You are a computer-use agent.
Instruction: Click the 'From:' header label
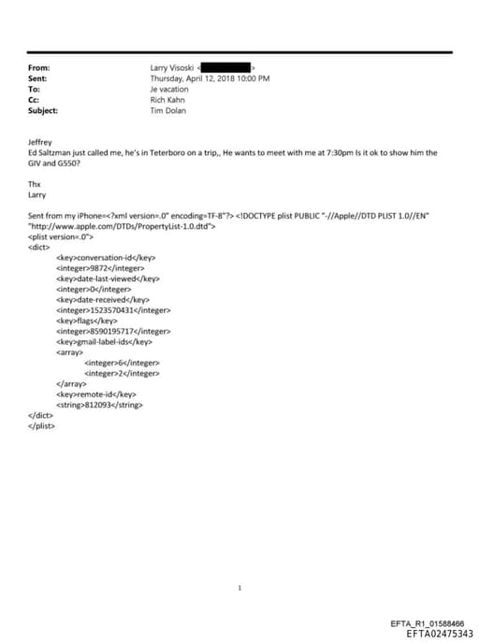click(x=39, y=68)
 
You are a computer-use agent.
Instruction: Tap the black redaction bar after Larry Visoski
click(x=224, y=68)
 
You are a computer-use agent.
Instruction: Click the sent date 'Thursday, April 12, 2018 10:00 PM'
click(x=210, y=79)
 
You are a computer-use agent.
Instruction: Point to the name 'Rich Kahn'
click(x=168, y=99)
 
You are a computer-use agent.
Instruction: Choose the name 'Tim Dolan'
click(x=169, y=109)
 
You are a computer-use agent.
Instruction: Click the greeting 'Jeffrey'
click(x=42, y=141)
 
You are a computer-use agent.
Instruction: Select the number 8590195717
click(x=113, y=331)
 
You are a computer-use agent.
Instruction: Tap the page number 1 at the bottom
click(x=240, y=588)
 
